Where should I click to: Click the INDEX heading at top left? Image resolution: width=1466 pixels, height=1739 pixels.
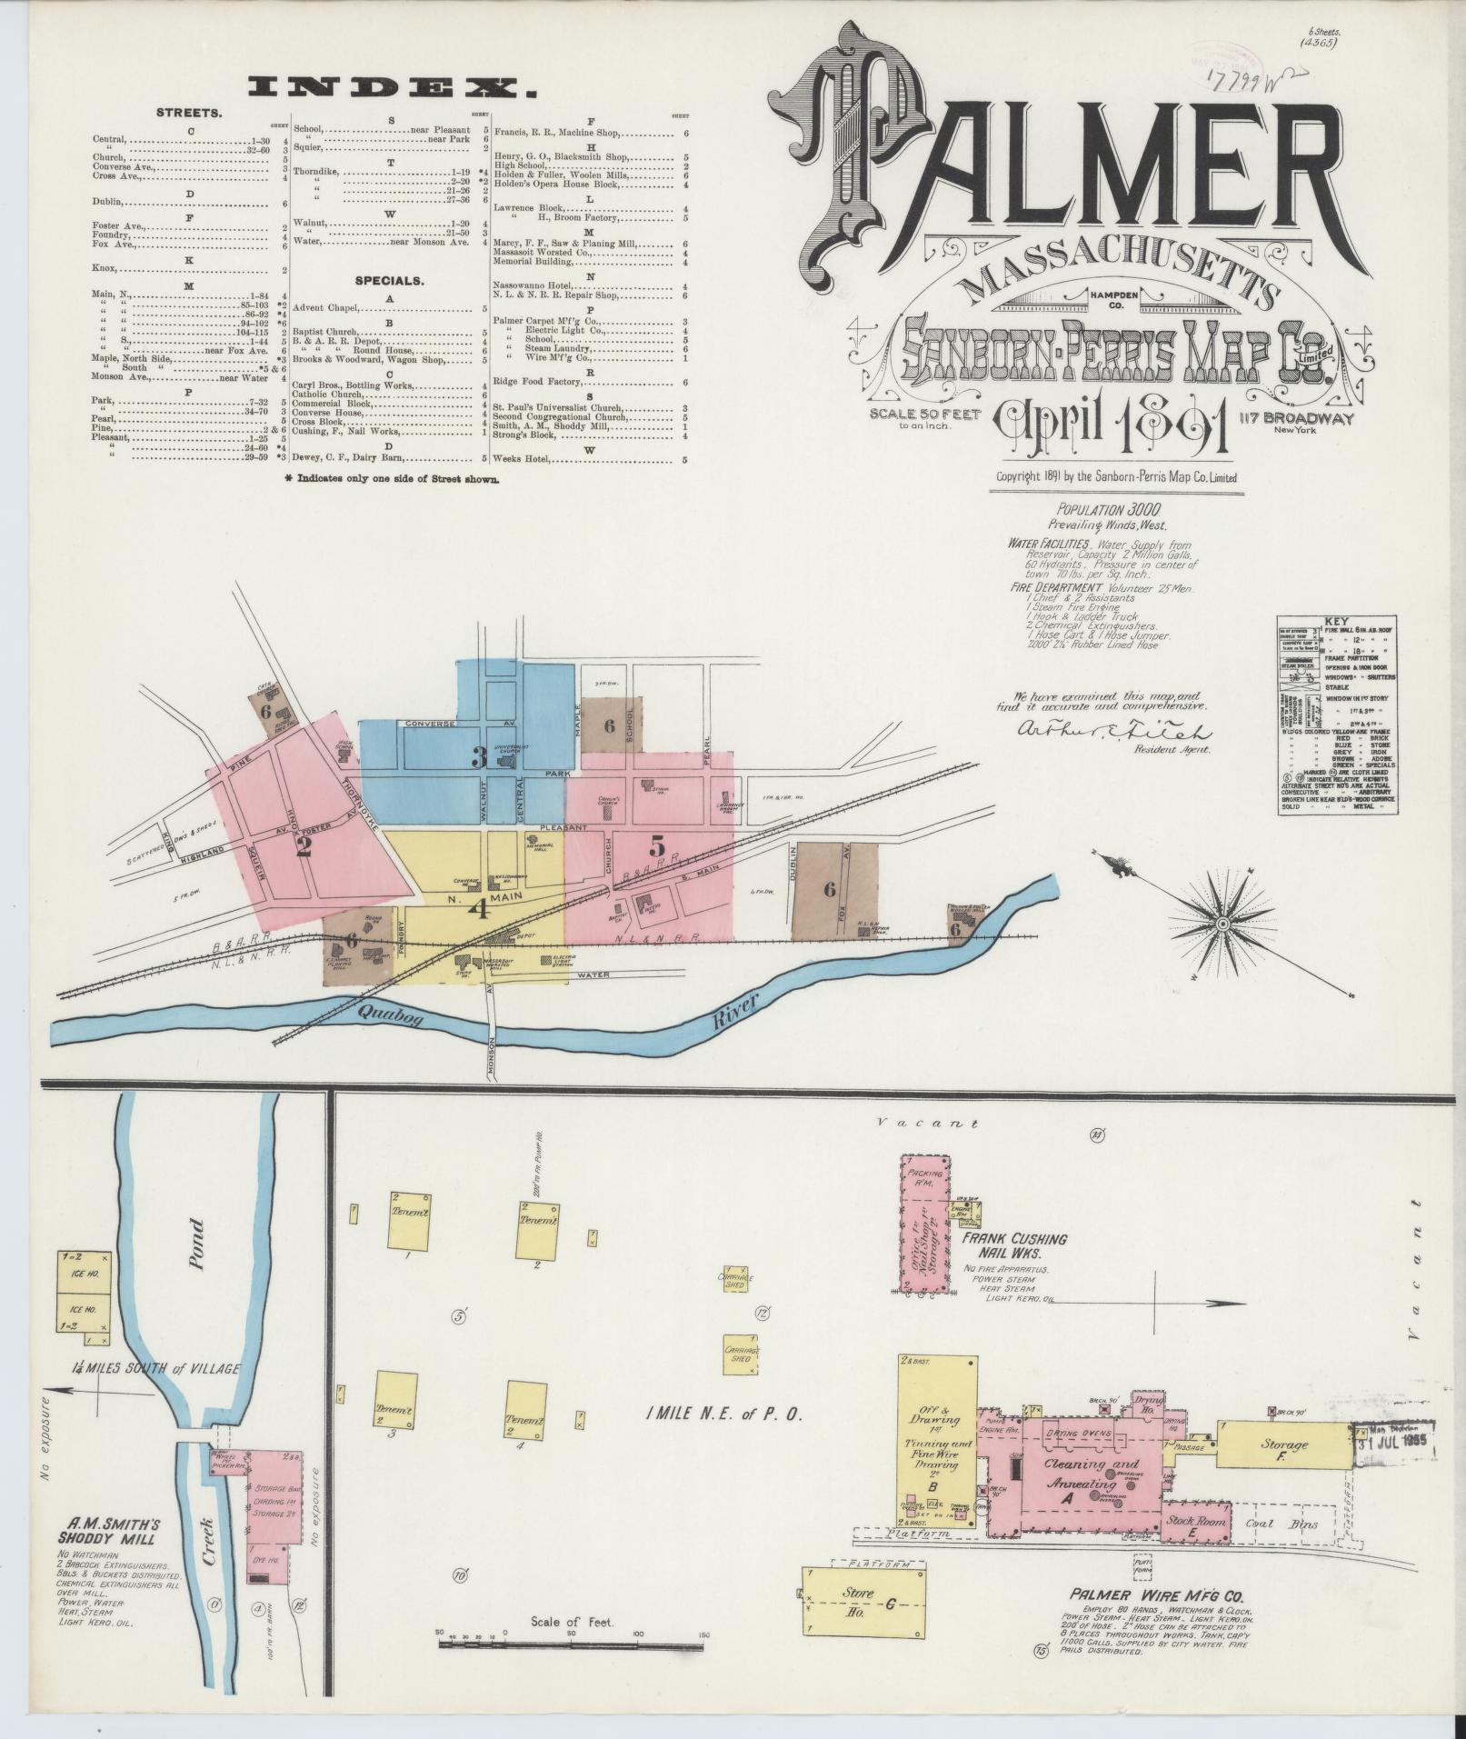pos(391,88)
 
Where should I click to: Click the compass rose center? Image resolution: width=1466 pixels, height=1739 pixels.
pos(1222,924)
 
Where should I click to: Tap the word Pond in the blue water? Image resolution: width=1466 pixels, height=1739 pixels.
pos(195,1244)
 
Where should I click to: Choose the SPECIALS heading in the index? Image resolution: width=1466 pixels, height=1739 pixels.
pos(390,281)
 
